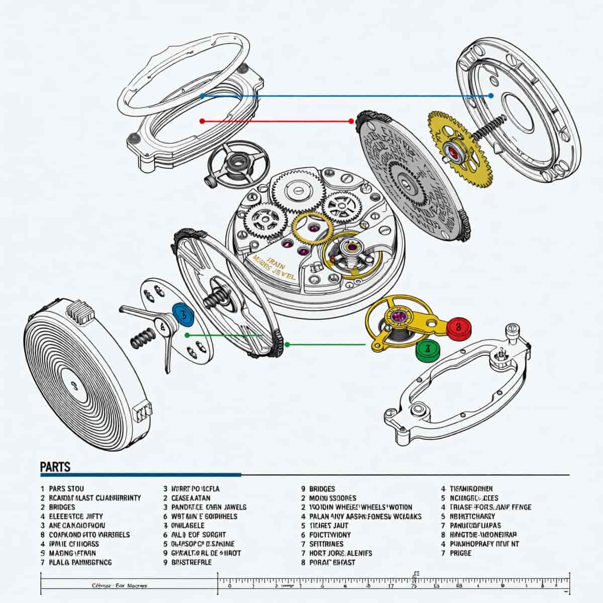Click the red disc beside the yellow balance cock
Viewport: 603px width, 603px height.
pos(457,327)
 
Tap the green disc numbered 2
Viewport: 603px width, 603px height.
pos(428,348)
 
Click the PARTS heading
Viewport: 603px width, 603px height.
pos(55,467)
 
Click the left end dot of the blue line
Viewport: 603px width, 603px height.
pos(202,95)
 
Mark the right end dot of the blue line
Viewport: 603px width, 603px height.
pos(491,95)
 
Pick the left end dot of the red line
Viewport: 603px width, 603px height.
pos(202,121)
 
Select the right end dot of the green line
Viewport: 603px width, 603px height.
pos(287,344)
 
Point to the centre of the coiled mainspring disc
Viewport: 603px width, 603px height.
pos(74,386)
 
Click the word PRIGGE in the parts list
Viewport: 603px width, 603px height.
pos(461,553)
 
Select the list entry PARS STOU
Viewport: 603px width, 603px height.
pos(66,488)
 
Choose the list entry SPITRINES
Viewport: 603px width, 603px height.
pos(327,544)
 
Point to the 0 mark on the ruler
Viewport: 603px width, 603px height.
pos(229,586)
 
